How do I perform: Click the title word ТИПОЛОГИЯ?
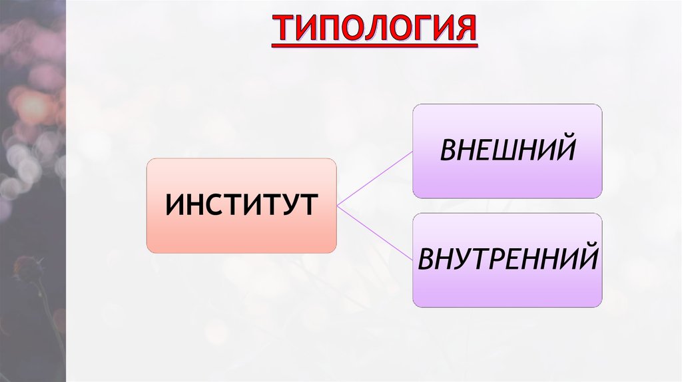click(x=374, y=30)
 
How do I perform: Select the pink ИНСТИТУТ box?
click(x=241, y=206)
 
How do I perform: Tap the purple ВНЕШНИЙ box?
click(x=507, y=151)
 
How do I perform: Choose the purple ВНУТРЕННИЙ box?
click(x=507, y=260)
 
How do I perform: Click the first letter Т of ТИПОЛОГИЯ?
click(x=282, y=30)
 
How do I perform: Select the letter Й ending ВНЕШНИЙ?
click(x=565, y=150)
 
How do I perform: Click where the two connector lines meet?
click(x=338, y=206)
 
